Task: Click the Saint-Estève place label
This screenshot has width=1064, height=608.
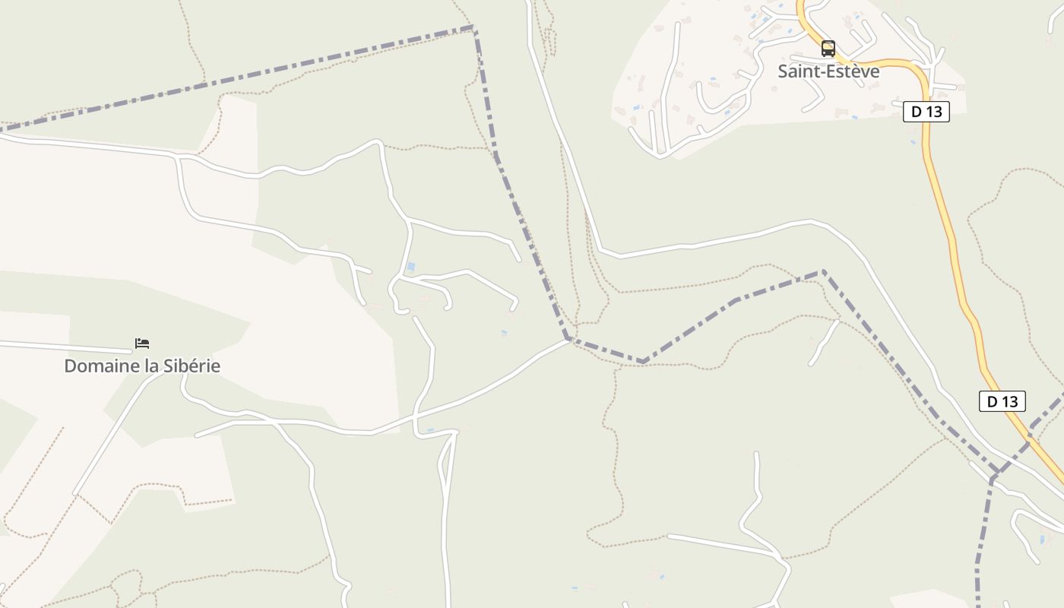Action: click(828, 71)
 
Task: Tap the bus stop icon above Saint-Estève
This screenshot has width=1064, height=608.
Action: click(828, 49)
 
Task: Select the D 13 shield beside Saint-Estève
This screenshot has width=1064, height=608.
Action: click(926, 112)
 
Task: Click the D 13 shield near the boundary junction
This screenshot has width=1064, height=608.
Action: click(1002, 401)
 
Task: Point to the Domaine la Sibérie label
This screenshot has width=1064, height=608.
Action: click(142, 366)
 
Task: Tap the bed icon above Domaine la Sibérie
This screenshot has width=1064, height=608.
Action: click(142, 344)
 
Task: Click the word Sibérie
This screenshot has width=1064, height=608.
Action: click(191, 366)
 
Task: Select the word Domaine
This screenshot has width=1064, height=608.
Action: click(94, 366)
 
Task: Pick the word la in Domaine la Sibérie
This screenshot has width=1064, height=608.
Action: click(144, 366)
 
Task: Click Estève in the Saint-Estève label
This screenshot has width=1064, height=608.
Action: click(852, 71)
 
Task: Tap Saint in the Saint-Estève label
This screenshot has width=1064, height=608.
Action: click(796, 71)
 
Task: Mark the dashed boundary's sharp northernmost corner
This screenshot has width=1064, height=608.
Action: click(473, 27)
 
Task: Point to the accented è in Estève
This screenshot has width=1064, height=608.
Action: click(857, 71)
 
